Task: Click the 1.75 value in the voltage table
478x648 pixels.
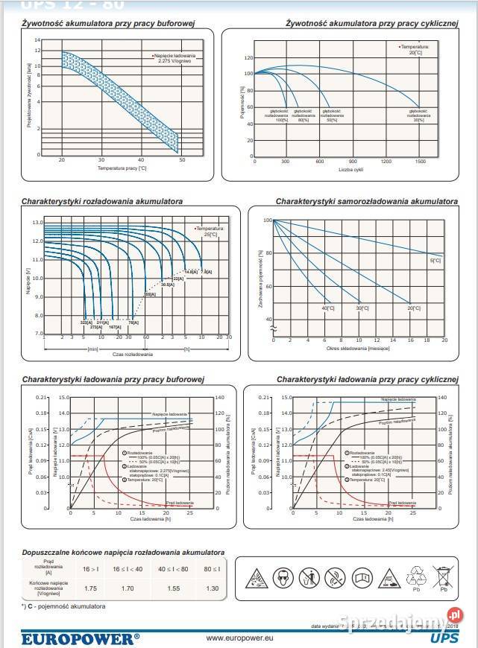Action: [x=90, y=588]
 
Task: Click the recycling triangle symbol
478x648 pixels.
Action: [x=415, y=574]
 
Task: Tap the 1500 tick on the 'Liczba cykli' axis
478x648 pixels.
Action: [x=420, y=161]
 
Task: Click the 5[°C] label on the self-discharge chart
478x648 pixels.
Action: [x=435, y=261]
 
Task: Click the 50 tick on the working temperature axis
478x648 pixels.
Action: [x=181, y=160]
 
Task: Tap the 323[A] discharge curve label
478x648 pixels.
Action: [x=86, y=323]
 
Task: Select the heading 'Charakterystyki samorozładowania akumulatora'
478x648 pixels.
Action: [x=366, y=201]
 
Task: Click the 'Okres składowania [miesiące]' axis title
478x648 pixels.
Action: [x=359, y=348]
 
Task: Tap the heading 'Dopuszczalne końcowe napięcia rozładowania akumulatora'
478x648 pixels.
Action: [x=123, y=553]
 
